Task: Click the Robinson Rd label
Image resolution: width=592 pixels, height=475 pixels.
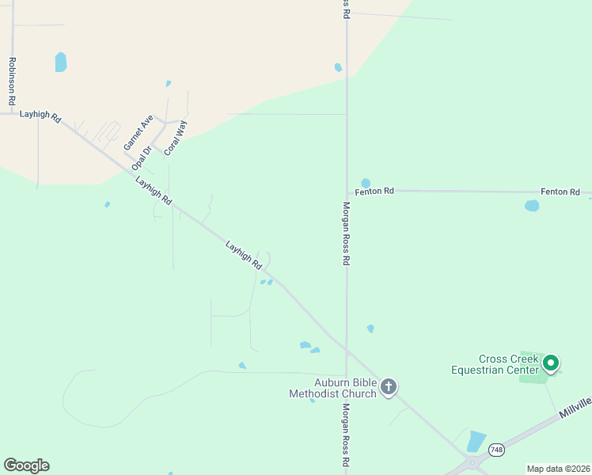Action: (12, 82)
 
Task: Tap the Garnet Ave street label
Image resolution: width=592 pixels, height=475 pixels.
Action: (139, 132)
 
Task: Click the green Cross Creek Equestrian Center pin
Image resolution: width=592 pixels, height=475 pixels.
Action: (551, 364)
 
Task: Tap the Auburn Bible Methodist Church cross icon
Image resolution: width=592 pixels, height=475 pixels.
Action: (388, 387)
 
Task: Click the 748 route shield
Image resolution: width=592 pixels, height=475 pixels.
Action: (496, 449)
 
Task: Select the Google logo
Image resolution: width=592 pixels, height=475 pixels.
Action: (26, 465)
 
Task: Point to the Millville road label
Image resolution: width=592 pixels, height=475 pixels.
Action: (574, 405)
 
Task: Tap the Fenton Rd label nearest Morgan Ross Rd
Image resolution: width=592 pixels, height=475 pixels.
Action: (375, 192)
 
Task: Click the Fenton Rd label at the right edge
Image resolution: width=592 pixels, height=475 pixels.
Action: (560, 192)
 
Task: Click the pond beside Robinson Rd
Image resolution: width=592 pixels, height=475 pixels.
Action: (61, 62)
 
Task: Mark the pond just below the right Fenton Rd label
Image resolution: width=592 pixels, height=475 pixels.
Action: (532, 206)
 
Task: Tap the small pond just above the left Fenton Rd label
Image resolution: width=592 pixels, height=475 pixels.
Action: (366, 183)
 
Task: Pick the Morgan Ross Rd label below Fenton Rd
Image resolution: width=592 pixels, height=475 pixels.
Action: (346, 233)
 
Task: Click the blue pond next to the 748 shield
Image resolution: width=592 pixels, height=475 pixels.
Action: (476, 441)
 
